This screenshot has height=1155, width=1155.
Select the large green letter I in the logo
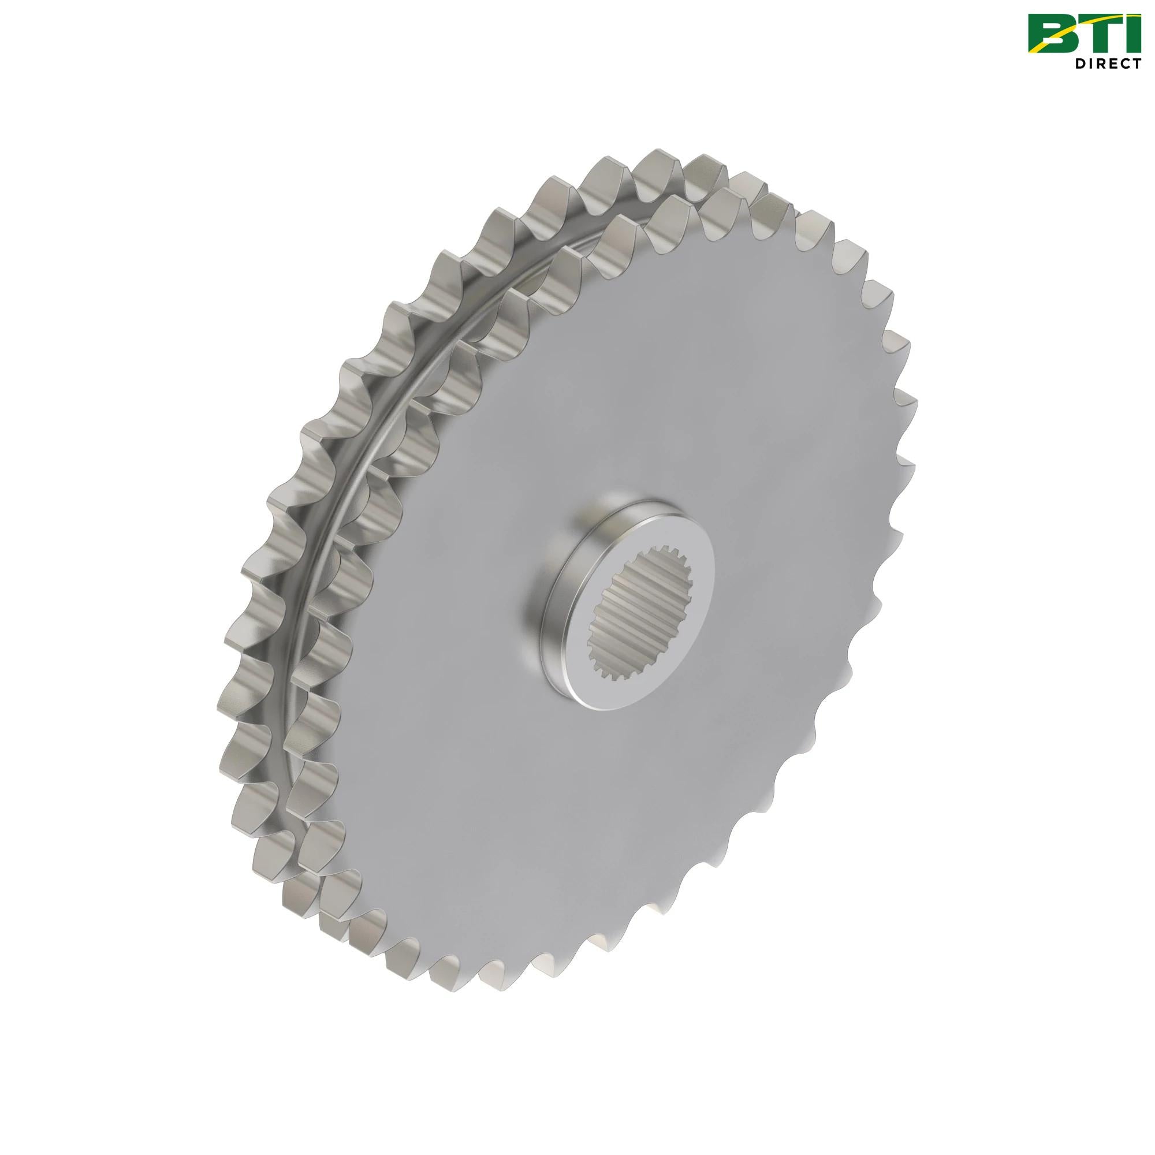[1132, 32]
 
